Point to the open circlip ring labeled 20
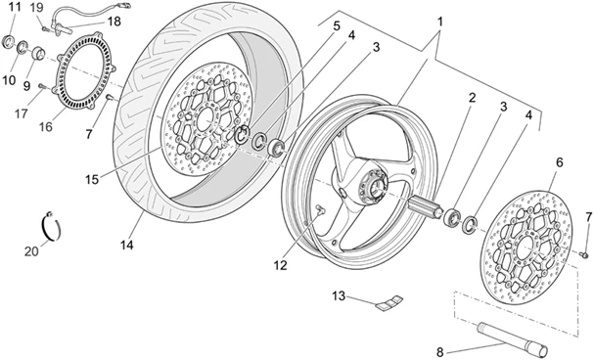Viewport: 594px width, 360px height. click(x=55, y=225)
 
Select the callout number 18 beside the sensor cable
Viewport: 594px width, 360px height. click(x=114, y=21)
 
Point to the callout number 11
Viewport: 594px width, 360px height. click(x=13, y=8)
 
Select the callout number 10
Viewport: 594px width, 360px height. click(x=9, y=79)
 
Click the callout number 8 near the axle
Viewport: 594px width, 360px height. click(x=439, y=353)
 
